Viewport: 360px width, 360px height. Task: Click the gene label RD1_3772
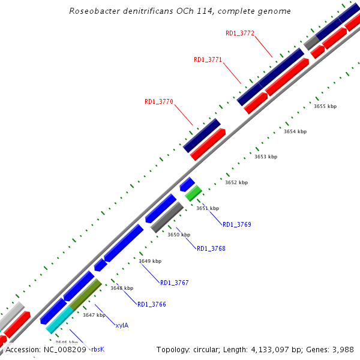(240, 34)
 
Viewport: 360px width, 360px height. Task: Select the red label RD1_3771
(208, 59)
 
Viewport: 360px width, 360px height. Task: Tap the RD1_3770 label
(159, 102)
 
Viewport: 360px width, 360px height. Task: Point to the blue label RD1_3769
(237, 224)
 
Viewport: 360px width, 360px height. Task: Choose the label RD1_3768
(211, 248)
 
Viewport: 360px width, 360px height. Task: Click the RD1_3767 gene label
(175, 283)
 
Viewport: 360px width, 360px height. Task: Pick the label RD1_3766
(152, 305)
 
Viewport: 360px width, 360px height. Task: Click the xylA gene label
(122, 325)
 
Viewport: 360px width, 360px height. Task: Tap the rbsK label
(98, 349)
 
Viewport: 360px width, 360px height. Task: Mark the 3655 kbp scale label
(325, 106)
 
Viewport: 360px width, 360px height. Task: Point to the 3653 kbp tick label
(266, 157)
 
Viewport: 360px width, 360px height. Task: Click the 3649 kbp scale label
(150, 261)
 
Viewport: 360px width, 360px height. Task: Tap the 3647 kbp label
(94, 315)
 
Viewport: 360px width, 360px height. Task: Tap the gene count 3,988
(341, 349)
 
